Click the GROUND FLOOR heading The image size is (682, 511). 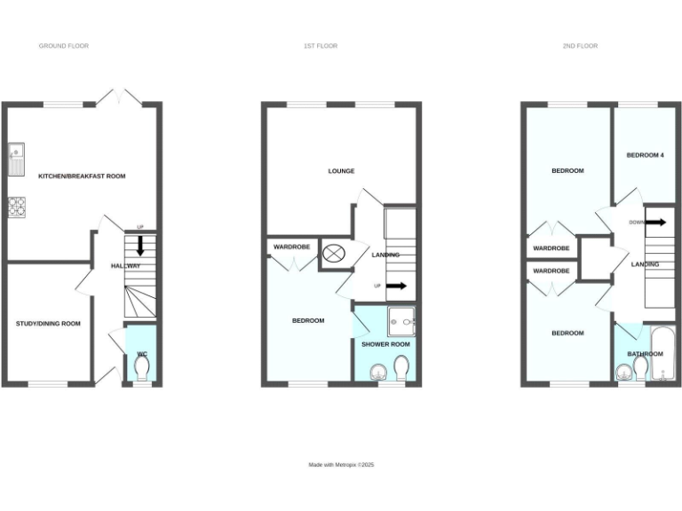pyautogui.click(x=64, y=45)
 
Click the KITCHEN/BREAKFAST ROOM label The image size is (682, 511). pyautogui.click(x=82, y=177)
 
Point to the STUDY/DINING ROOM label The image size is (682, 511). pyautogui.click(x=48, y=324)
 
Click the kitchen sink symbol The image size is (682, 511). pyautogui.click(x=16, y=159)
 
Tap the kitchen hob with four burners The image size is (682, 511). pyautogui.click(x=17, y=207)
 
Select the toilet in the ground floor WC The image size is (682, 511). pyautogui.click(x=140, y=366)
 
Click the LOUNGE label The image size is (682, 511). pyautogui.click(x=341, y=171)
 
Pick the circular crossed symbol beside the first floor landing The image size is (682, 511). pyautogui.click(x=334, y=254)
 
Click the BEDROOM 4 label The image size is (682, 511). pyautogui.click(x=646, y=155)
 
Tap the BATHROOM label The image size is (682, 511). pyautogui.click(x=646, y=354)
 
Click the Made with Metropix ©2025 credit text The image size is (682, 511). pyautogui.click(x=342, y=465)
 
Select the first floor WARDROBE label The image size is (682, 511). pyautogui.click(x=291, y=247)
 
